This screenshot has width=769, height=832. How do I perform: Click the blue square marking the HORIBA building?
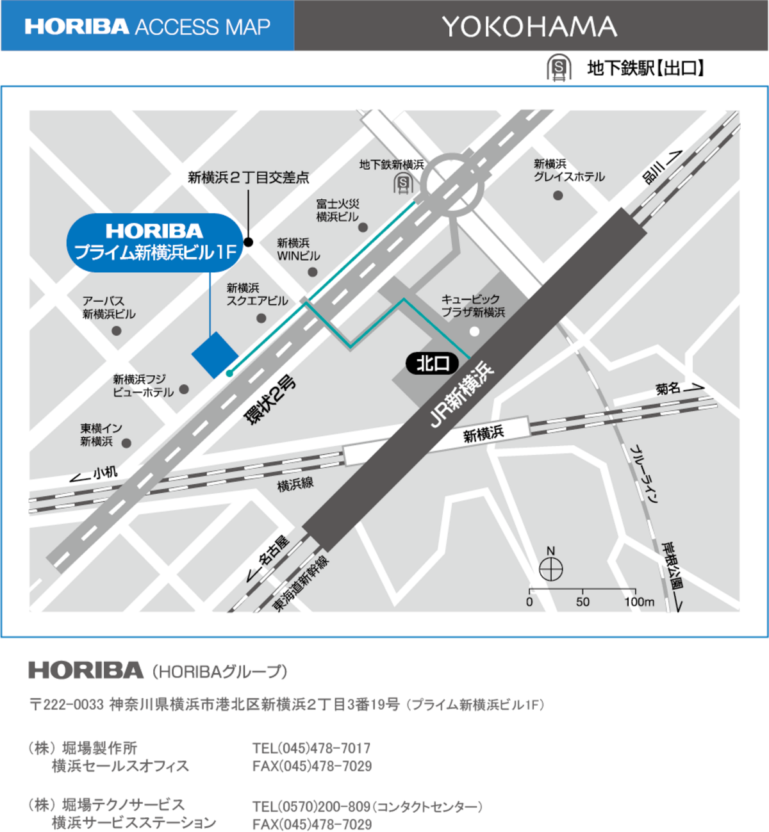click(215, 355)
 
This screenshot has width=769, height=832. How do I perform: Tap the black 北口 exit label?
click(433, 364)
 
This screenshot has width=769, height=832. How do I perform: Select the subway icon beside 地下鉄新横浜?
click(403, 184)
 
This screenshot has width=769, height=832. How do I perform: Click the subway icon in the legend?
click(559, 68)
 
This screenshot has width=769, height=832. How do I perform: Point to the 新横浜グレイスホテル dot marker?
click(558, 195)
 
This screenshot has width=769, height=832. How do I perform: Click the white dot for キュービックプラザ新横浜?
click(474, 331)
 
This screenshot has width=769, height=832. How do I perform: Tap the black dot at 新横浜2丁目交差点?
click(249, 242)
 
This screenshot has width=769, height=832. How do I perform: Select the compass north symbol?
click(551, 568)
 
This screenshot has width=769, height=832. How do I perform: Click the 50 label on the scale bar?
click(583, 602)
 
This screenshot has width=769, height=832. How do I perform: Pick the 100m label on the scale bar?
click(640, 602)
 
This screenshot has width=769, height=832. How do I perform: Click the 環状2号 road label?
click(271, 399)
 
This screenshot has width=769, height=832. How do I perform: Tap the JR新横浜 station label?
click(461, 395)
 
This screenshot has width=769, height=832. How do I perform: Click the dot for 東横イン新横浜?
click(126, 443)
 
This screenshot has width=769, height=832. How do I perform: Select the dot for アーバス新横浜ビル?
click(117, 330)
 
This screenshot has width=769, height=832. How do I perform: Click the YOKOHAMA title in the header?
click(529, 26)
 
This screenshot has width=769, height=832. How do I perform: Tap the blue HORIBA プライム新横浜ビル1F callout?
click(155, 243)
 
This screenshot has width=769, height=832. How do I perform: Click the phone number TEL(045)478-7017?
click(311, 748)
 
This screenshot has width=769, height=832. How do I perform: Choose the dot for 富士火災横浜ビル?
click(363, 227)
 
